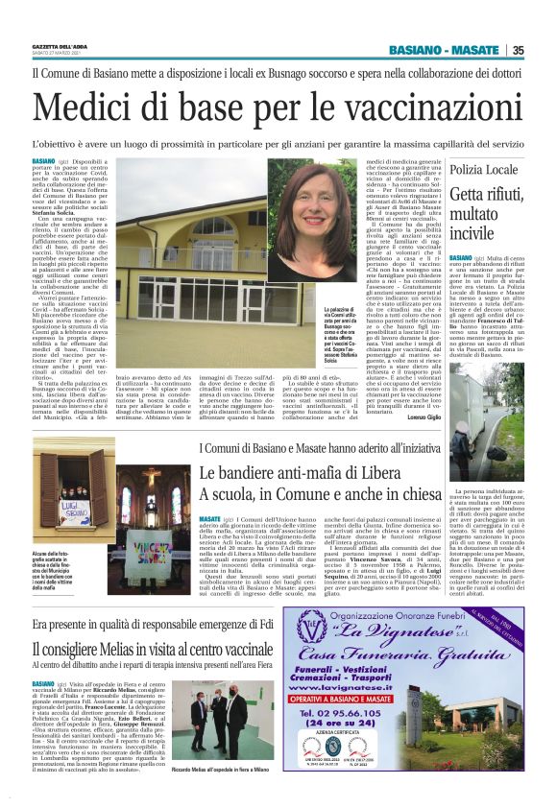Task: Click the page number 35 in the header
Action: [x=545, y=50]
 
